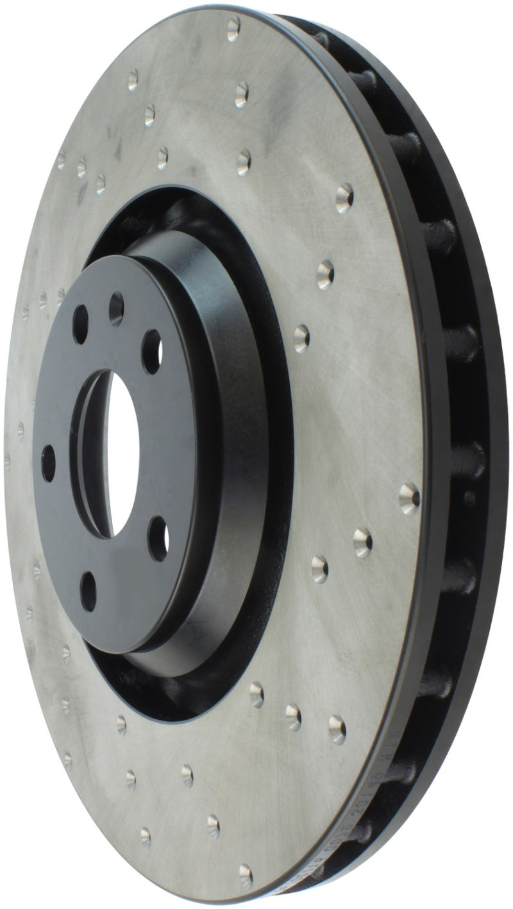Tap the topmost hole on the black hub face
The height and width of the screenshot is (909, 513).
116,309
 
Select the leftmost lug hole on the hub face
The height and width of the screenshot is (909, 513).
48,463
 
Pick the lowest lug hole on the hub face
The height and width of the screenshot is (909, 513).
88,590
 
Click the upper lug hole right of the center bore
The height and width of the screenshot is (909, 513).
151,351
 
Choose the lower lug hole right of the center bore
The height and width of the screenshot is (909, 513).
158,538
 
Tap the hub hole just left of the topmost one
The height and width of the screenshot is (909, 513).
80,324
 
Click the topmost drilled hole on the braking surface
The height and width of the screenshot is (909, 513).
233,28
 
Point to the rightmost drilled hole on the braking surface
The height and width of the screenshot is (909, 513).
409,497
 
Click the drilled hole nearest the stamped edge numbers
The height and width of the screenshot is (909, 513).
337,729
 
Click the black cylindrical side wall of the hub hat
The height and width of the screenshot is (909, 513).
237,449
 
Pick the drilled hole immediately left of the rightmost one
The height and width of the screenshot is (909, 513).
362,542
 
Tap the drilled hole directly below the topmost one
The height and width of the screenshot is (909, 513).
242,94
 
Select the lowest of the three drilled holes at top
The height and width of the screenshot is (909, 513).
244,162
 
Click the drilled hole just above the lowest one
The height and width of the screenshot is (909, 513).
214,826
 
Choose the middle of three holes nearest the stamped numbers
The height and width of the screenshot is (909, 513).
293,717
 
